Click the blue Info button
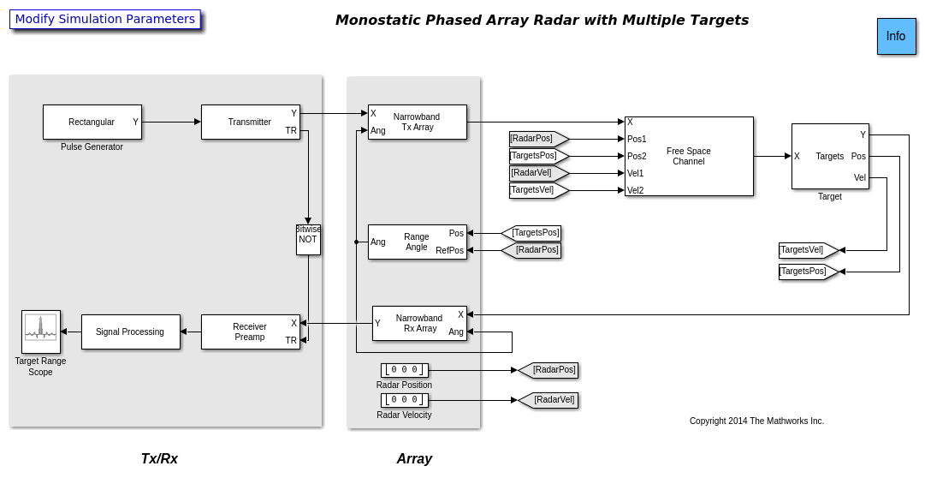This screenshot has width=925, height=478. pyautogui.click(x=896, y=36)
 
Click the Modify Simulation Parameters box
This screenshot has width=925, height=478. pyautogui.click(x=105, y=19)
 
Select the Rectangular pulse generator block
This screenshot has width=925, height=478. pyautogui.click(x=92, y=122)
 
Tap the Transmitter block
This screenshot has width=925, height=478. pyautogui.click(x=250, y=122)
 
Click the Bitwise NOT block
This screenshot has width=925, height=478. pyautogui.click(x=308, y=240)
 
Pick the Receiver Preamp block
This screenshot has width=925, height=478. pyautogui.click(x=250, y=332)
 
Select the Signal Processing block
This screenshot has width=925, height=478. pyautogui.click(x=130, y=332)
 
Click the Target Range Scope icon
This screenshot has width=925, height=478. pyautogui.click(x=41, y=332)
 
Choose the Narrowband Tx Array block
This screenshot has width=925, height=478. pyautogui.click(x=417, y=122)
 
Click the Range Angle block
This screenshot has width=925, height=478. pyautogui.click(x=417, y=242)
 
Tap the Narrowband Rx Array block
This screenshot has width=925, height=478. pyautogui.click(x=419, y=323)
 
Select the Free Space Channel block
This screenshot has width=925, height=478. pyautogui.click(x=689, y=156)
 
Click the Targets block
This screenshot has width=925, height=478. pyautogui.click(x=830, y=156)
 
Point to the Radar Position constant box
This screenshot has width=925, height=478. pyautogui.click(x=404, y=370)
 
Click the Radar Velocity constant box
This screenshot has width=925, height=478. pyautogui.click(x=404, y=400)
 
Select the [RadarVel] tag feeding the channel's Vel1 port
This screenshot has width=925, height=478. pyautogui.click(x=537, y=173)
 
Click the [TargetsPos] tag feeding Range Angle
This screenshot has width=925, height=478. pyautogui.click(x=533, y=233)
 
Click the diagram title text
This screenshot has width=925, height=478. pyautogui.click(x=542, y=20)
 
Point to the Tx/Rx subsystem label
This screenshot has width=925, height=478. pyautogui.click(x=159, y=458)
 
